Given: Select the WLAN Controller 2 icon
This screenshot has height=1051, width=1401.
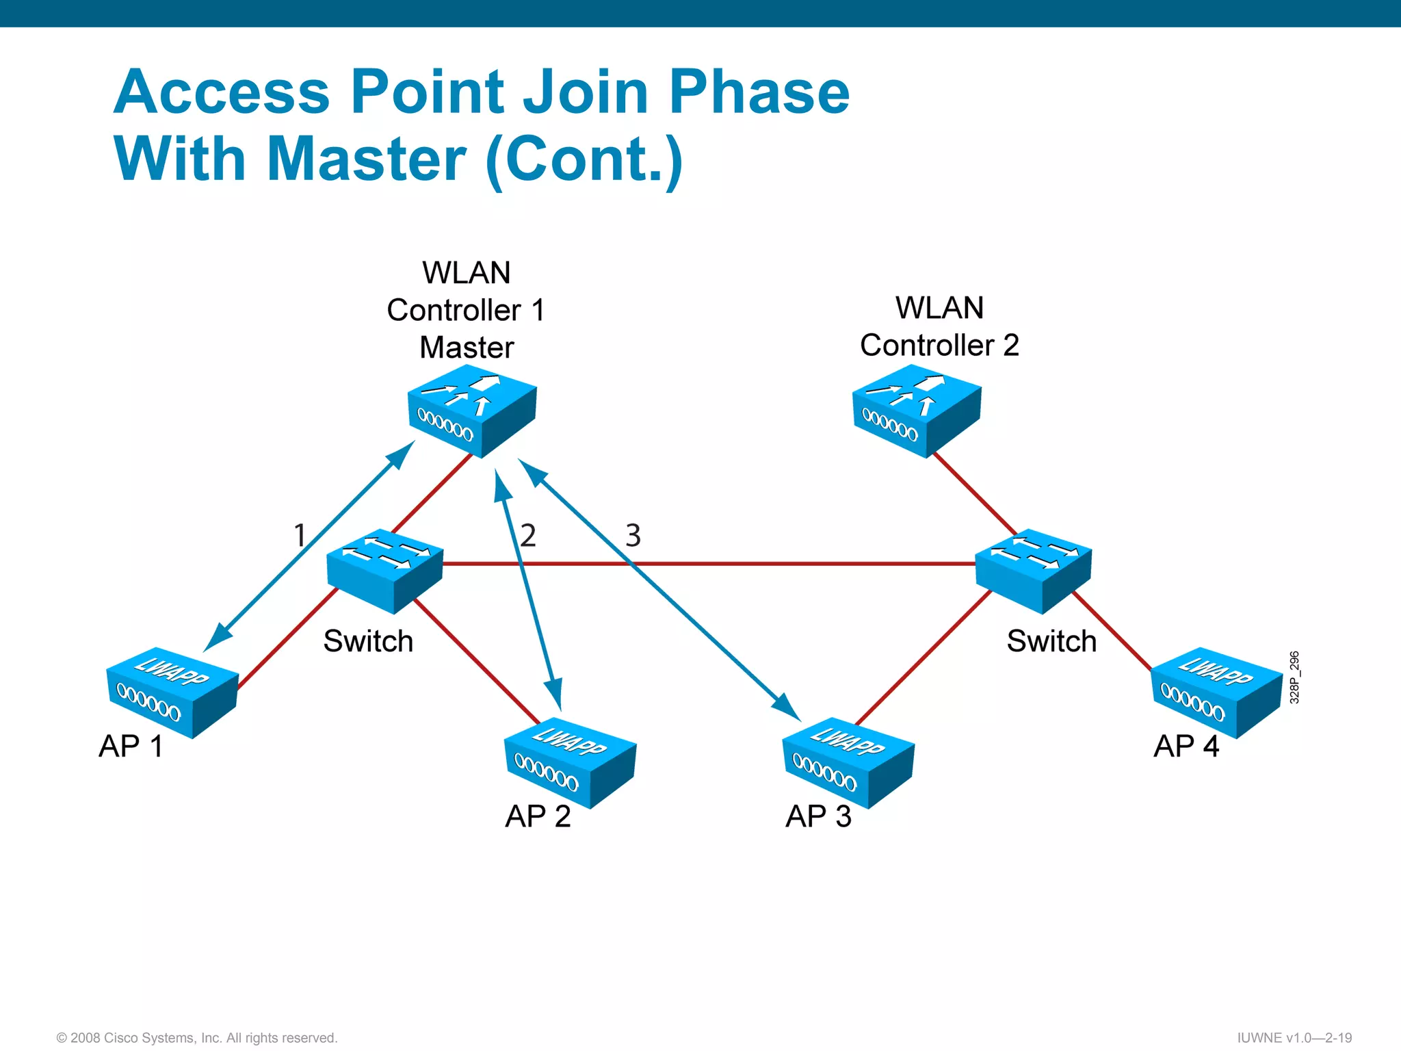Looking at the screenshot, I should [917, 410].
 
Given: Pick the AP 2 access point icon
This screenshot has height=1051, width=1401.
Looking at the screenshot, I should [570, 762].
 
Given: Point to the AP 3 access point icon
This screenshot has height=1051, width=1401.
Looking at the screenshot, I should [848, 762].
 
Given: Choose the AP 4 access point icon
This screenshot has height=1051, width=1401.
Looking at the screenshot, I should [1216, 692].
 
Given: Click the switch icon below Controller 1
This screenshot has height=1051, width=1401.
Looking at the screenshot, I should [384, 569].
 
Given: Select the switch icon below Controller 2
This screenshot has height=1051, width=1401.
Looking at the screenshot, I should [1033, 569].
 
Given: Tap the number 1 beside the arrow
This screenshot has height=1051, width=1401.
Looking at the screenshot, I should [299, 535].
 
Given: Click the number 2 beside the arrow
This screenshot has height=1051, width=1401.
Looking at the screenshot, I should [527, 535].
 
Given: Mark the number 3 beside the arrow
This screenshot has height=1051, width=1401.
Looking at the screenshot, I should [633, 535].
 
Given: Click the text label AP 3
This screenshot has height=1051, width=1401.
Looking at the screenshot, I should [818, 816].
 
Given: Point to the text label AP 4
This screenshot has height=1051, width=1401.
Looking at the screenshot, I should [1186, 746].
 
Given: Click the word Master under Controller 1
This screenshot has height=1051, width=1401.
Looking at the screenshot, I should [467, 348].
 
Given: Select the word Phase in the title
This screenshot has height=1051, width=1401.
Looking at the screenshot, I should [759, 92].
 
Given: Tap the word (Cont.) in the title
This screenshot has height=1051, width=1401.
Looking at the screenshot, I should [584, 159].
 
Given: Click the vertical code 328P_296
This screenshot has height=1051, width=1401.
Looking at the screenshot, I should [1294, 677].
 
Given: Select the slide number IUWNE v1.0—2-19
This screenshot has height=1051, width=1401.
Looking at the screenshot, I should [1294, 1037].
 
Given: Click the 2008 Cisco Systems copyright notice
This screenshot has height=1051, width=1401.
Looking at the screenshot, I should [197, 1038].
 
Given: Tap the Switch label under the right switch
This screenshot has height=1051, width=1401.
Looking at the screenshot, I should [1051, 641].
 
